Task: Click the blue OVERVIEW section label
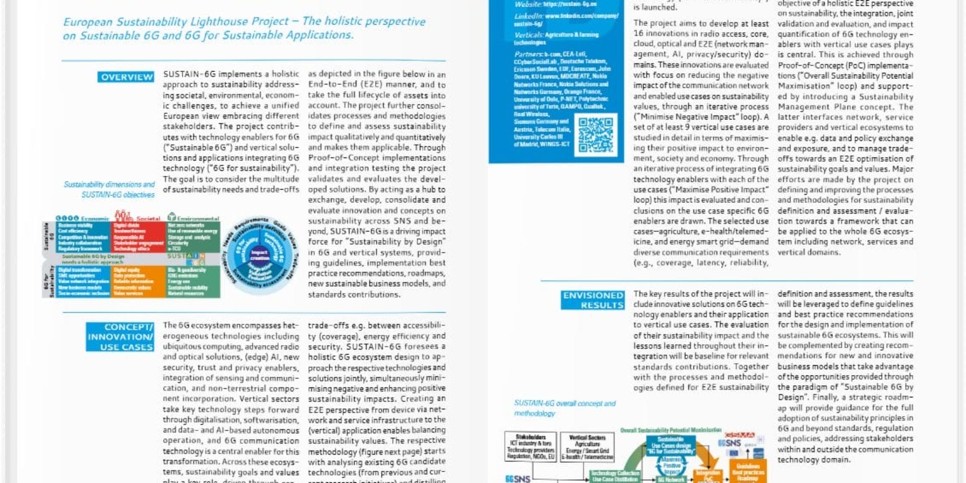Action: click(126, 77)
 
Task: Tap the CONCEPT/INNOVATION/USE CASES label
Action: click(120, 337)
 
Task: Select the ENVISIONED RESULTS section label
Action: click(592, 300)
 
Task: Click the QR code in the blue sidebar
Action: click(596, 135)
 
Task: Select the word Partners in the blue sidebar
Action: click(528, 54)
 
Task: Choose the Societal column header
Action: click(148, 219)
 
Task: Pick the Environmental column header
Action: click(198, 219)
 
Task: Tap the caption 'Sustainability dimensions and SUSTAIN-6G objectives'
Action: click(109, 190)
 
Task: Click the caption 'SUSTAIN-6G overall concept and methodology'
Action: click(564, 408)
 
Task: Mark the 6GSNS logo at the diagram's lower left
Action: click(518, 479)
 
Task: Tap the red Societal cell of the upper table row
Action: click(138, 237)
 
